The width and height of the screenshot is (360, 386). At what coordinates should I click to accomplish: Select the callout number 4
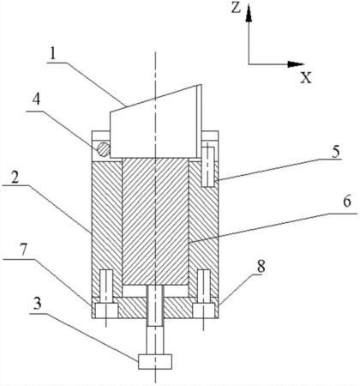[x=36, y=100]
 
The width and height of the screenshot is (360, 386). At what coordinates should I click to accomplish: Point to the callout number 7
[x=23, y=250]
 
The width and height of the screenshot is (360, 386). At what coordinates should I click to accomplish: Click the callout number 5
[x=336, y=151]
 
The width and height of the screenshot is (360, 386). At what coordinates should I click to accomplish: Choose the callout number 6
[x=346, y=202]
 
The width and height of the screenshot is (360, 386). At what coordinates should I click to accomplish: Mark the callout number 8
[x=261, y=266]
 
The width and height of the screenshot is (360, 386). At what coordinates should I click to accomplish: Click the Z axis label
[x=236, y=9]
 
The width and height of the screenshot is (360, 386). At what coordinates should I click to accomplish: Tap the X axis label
[x=306, y=77]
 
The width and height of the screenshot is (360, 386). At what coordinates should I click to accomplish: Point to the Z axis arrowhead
[x=249, y=14]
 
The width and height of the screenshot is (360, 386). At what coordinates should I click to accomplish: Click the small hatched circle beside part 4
[x=103, y=149]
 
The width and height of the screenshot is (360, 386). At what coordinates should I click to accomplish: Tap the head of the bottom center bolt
[x=155, y=361]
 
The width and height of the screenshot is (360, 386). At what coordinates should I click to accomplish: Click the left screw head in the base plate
[x=106, y=311]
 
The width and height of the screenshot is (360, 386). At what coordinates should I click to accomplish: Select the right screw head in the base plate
[x=203, y=311]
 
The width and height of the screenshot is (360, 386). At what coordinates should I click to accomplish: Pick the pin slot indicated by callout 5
[x=208, y=166]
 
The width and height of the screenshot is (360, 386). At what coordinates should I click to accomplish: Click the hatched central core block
[x=155, y=221]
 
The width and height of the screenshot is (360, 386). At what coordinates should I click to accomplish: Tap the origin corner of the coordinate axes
[x=249, y=64]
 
